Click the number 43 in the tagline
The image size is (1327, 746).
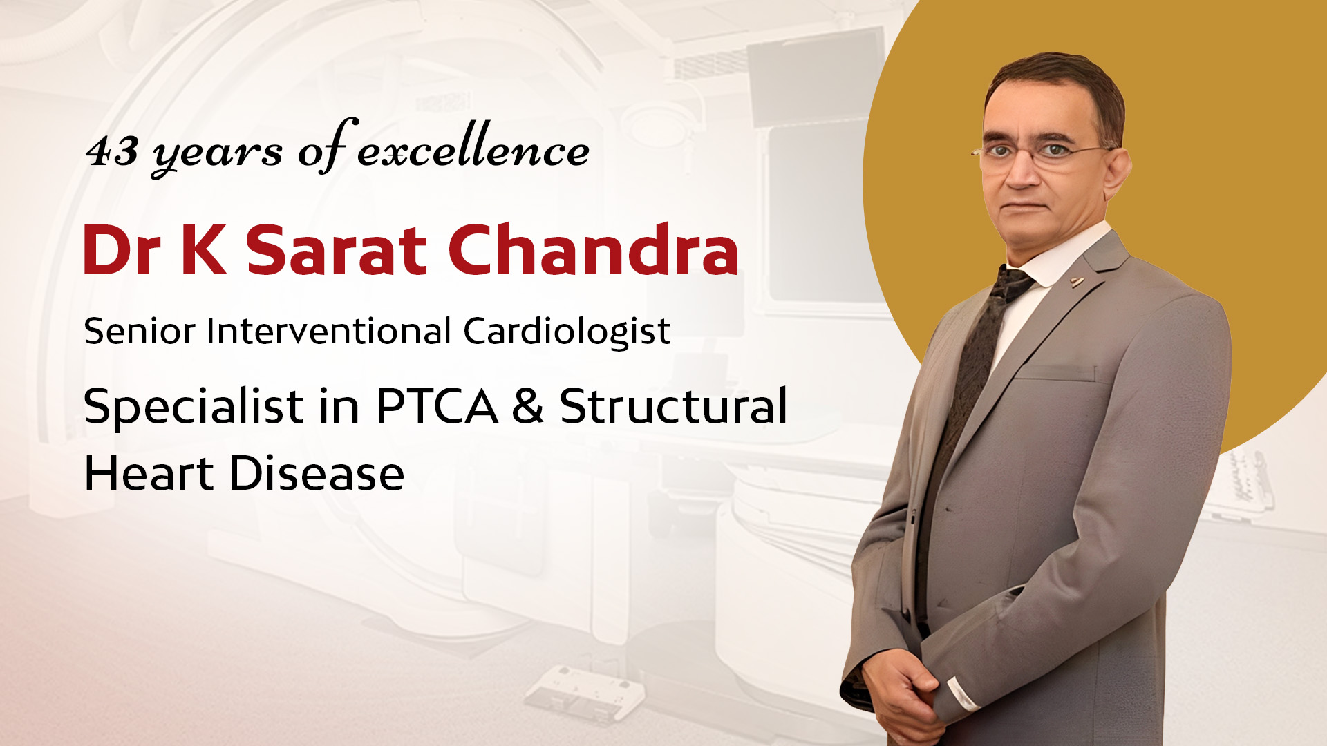(x=111, y=150)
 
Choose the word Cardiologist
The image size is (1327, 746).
(x=567, y=332)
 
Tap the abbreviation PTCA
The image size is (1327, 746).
(x=437, y=405)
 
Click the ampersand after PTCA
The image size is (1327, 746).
(x=528, y=405)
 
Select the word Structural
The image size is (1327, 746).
(x=673, y=405)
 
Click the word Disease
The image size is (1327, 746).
(x=317, y=473)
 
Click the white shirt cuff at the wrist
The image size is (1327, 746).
(x=961, y=693)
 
